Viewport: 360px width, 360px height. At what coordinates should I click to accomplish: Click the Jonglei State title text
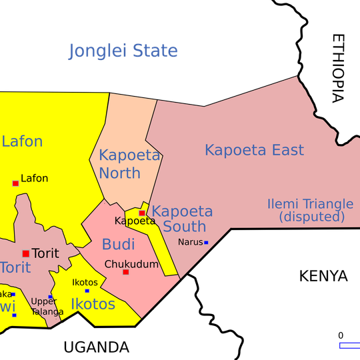coord(123,51)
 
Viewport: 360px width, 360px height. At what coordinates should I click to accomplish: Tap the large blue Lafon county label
coord(22,141)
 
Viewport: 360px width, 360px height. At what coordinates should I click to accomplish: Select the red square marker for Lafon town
coord(15,183)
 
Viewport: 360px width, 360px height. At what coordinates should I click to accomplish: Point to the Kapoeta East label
coord(254,150)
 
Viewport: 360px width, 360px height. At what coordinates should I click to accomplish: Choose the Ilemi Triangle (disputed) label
coord(310,210)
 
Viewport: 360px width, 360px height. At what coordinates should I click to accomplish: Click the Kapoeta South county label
coord(183,219)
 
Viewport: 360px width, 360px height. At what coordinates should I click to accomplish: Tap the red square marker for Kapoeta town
coord(142,213)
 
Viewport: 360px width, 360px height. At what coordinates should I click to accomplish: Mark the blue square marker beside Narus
coord(206,242)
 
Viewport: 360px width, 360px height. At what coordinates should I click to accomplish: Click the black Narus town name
coord(190,242)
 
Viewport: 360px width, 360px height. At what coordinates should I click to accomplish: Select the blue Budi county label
coord(119,245)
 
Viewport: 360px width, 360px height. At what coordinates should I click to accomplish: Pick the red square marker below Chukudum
coord(125,272)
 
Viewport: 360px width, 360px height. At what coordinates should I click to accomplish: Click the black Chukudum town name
coord(131,264)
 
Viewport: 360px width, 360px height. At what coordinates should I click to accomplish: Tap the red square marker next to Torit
coord(25,253)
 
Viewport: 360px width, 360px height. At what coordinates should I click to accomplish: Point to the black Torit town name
coord(45,253)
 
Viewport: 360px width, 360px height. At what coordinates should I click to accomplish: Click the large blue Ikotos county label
coord(93,305)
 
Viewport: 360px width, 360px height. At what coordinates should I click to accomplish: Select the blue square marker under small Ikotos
coord(87,291)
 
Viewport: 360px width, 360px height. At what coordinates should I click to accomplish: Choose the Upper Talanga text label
coord(47,306)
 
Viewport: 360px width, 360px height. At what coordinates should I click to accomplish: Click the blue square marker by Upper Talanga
coord(50,297)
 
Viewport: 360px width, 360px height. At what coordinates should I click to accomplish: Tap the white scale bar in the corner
coord(349,345)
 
